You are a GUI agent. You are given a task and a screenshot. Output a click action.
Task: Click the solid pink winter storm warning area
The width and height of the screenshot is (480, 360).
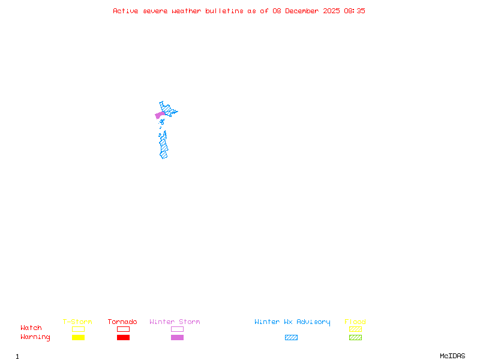coord(160,115)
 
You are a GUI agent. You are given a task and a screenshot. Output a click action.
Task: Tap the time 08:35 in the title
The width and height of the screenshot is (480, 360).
coord(355,11)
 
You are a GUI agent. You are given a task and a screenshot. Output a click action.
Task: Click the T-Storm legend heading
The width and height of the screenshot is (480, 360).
coord(77,322)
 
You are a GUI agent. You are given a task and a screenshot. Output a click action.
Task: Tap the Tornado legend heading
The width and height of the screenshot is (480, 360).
coord(122,322)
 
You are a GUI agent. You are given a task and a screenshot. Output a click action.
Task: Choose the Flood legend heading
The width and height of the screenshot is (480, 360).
coord(355,322)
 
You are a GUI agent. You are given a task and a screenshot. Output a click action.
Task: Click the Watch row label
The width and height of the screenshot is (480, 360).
coord(31,328)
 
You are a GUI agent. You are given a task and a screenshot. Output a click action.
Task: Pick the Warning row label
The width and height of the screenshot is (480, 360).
coord(35,337)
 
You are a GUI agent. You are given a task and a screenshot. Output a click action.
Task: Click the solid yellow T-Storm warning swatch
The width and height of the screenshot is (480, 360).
coord(78,338)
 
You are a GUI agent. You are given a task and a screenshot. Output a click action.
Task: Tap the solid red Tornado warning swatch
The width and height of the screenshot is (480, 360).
coord(123,338)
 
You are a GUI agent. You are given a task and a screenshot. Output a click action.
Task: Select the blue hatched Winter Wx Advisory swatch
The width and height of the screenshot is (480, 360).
coord(291,338)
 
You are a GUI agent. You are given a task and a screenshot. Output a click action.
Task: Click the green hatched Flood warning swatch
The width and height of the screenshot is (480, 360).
coord(355,338)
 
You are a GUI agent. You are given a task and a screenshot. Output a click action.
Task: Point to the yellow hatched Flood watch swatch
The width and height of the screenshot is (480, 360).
coord(355,329)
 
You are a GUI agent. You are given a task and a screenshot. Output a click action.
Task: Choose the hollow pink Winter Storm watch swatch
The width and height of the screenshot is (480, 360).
coord(177,329)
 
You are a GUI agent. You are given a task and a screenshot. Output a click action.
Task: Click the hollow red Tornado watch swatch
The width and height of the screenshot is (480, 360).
coord(123,329)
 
